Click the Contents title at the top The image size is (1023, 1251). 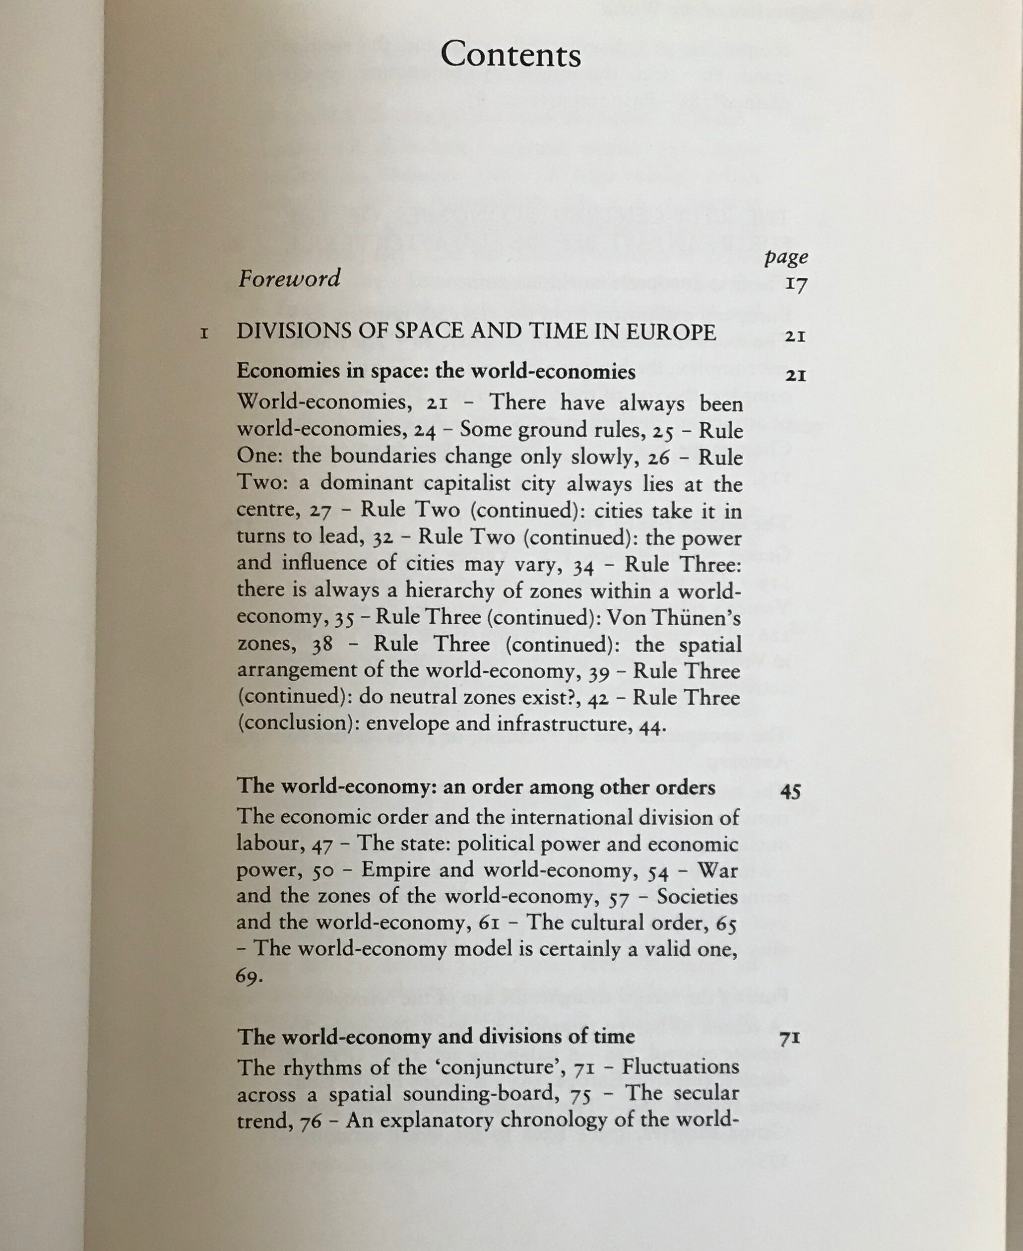511,55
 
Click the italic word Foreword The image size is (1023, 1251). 289,278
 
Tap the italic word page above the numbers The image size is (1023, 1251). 786,257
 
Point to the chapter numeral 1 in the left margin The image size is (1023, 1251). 204,334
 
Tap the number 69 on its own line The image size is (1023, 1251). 248,977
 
